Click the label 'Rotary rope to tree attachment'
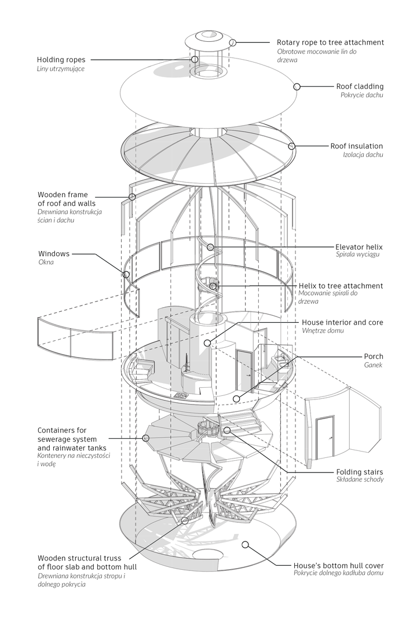click(330, 42)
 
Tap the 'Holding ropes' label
click(61, 60)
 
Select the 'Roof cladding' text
click(359, 86)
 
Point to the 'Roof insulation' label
click(356, 146)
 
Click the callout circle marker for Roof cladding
click(297, 86)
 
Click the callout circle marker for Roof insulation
click(292, 146)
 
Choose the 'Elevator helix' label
click(359, 247)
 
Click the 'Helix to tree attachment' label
click(341, 286)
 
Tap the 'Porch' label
click(373, 356)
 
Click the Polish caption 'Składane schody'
click(359, 480)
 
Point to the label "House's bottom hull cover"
click(339, 565)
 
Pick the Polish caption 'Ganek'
click(373, 366)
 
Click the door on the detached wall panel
click(325, 436)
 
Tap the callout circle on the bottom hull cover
click(245, 545)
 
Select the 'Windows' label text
click(54, 254)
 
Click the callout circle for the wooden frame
click(132, 197)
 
